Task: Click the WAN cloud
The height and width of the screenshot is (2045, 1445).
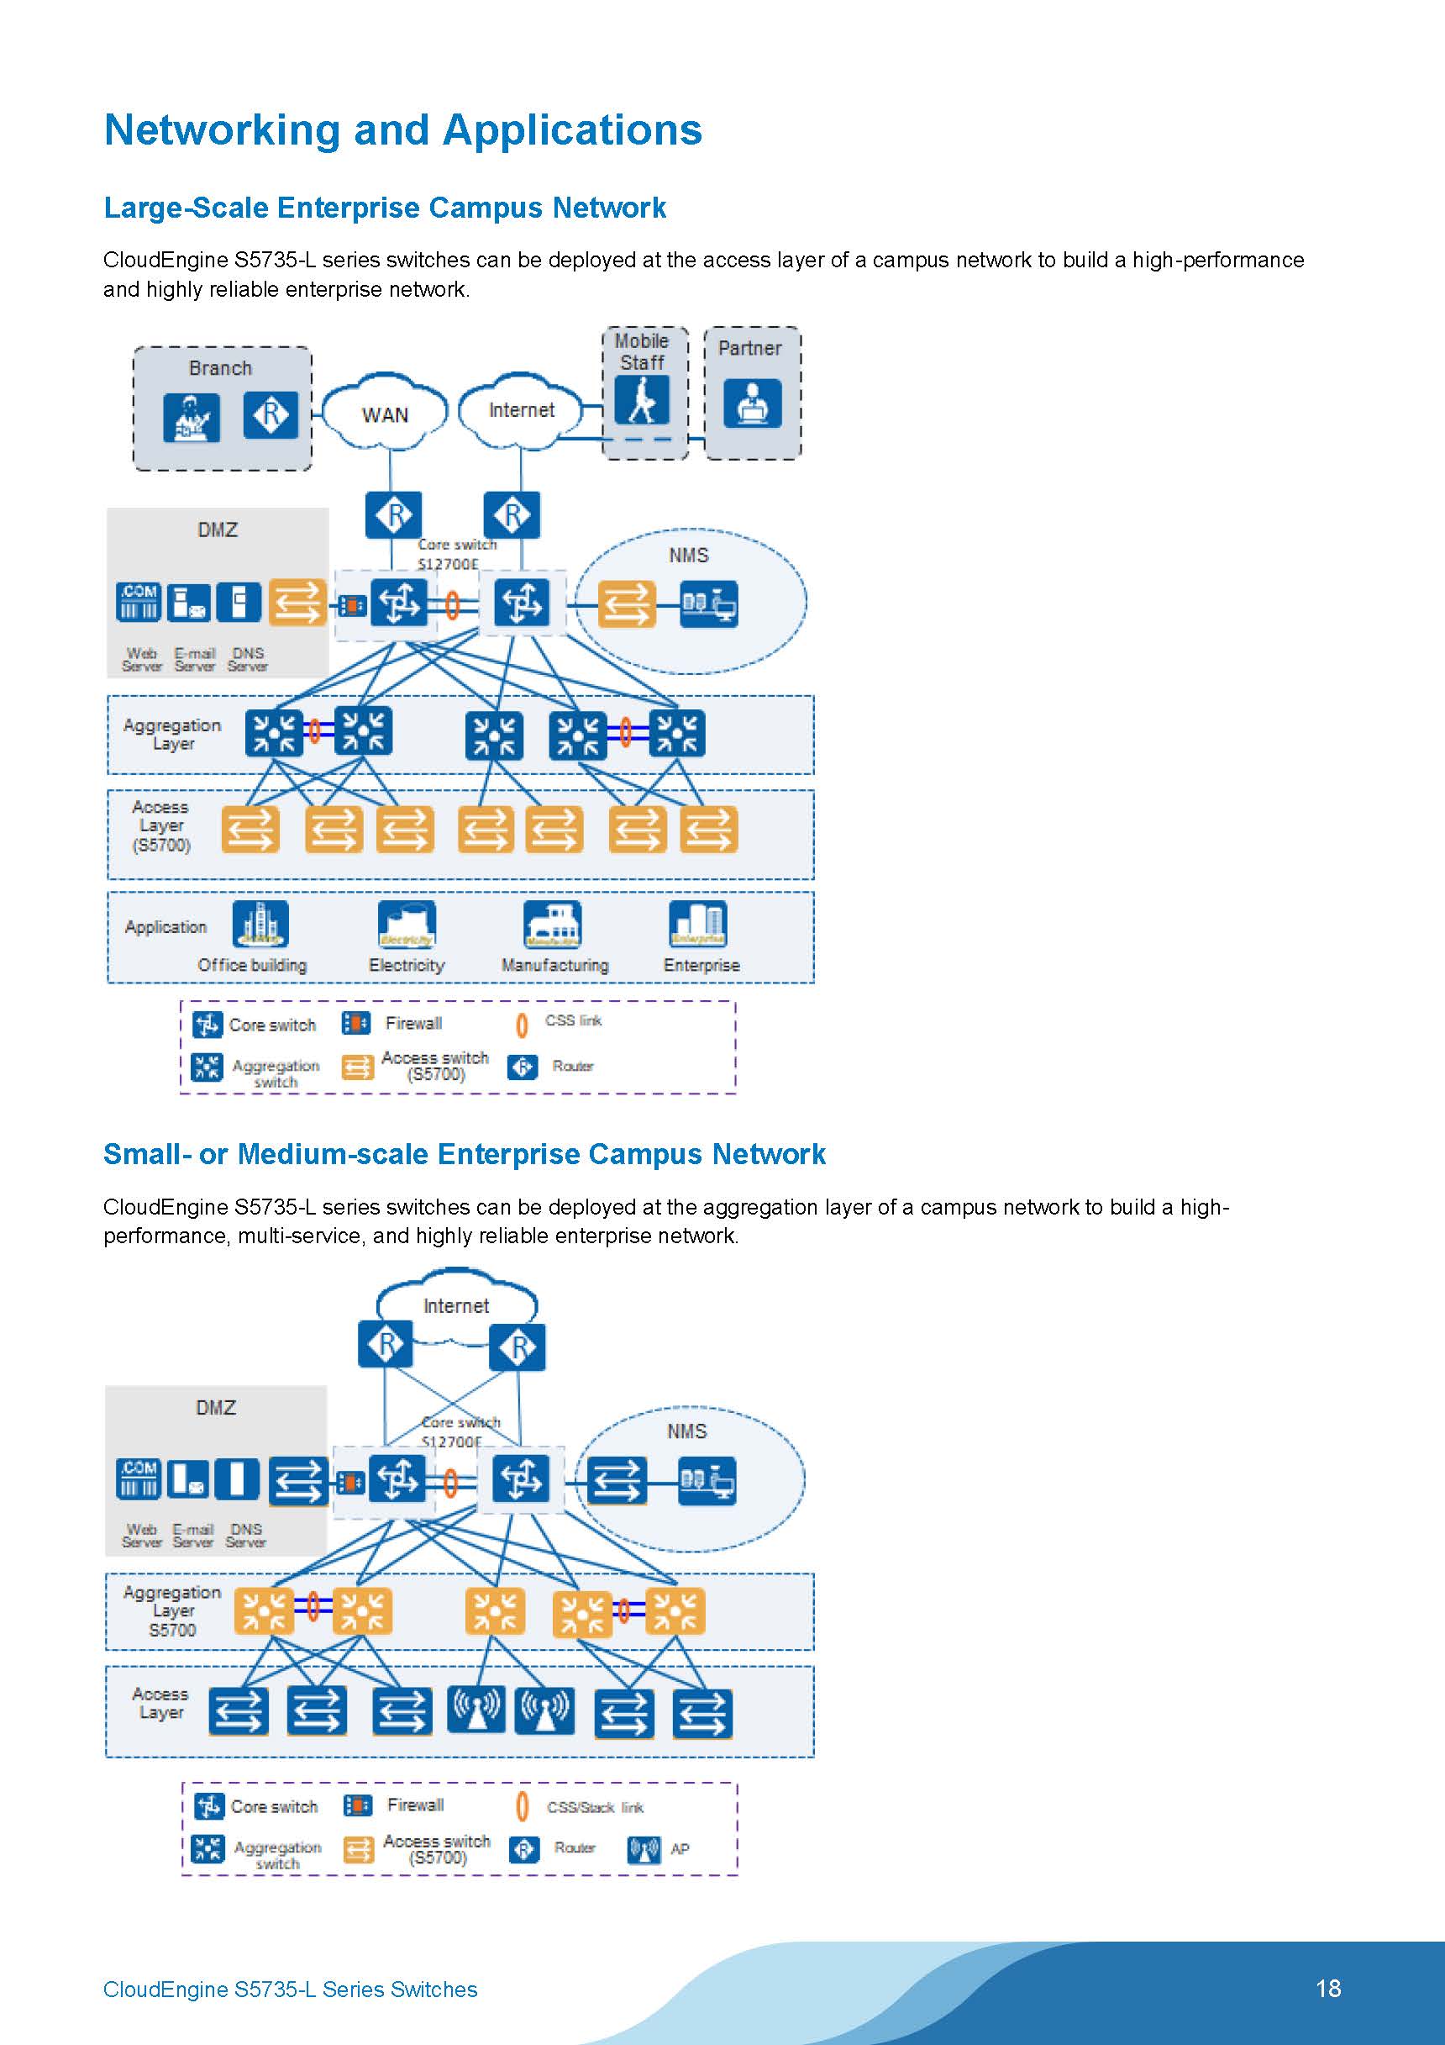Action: pos(385,414)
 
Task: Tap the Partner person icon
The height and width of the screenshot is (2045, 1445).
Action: pos(753,403)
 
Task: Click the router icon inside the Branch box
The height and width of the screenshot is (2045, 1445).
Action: pos(271,414)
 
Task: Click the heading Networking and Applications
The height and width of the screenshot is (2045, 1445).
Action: pos(402,130)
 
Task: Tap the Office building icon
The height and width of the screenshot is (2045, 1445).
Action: pos(260,925)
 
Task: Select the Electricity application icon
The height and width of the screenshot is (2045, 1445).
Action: pos(407,925)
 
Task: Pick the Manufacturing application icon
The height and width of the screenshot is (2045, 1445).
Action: pos(553,925)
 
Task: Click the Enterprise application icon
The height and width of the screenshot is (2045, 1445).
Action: pos(698,925)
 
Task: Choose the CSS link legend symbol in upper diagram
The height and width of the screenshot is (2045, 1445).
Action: pos(522,1025)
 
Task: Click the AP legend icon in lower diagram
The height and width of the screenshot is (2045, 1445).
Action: pos(644,1850)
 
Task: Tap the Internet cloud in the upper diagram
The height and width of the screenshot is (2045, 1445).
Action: pos(521,409)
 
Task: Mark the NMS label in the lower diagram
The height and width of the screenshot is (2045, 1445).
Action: pos(686,1431)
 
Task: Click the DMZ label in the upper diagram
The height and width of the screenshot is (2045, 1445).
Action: pos(218,530)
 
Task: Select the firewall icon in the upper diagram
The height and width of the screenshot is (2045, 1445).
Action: pos(352,607)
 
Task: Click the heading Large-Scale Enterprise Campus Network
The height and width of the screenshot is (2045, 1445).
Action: pos(385,208)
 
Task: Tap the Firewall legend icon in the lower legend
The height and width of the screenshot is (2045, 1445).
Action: pos(358,1805)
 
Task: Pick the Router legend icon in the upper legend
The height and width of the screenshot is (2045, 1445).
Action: pos(523,1066)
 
